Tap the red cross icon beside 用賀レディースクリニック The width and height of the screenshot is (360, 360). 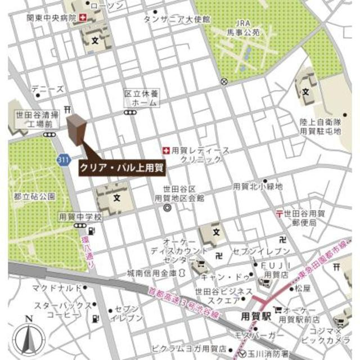point(166,150)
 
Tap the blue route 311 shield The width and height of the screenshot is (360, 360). point(63,160)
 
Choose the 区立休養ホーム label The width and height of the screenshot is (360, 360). point(141,100)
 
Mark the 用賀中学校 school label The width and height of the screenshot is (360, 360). point(80,217)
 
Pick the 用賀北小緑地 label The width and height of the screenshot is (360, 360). point(258,186)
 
